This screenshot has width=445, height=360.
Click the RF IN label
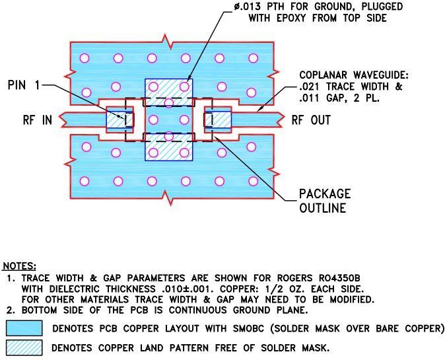[x=38, y=120]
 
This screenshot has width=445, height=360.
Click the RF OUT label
[x=311, y=120]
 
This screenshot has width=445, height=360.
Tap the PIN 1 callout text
[x=24, y=85]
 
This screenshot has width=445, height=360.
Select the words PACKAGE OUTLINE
[x=325, y=201]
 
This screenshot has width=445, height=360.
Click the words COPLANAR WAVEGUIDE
[x=354, y=75]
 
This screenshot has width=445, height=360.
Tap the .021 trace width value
[x=310, y=87]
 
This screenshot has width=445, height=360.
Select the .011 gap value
[x=310, y=98]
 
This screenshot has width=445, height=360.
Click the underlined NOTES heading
[x=19, y=266]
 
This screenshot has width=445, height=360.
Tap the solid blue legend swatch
[x=24, y=328]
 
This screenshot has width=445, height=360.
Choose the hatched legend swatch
[x=24, y=348]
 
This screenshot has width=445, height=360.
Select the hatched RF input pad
[x=120, y=120]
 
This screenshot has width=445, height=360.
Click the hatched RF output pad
[x=218, y=120]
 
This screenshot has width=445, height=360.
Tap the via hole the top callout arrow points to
[x=184, y=86]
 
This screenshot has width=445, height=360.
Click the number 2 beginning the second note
[x=10, y=310]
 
